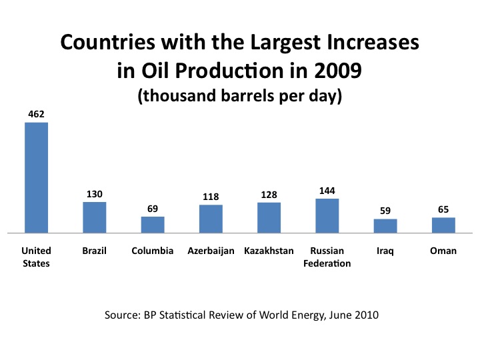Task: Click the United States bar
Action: (x=37, y=177)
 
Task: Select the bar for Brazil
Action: (x=95, y=217)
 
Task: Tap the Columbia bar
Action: (x=153, y=225)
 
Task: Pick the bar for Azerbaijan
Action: (x=211, y=219)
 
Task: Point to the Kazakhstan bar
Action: (x=269, y=217)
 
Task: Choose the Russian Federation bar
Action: (x=327, y=216)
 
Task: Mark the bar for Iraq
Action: (x=385, y=226)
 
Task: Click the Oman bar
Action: (x=443, y=225)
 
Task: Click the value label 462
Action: (x=37, y=114)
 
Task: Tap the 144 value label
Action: (x=327, y=191)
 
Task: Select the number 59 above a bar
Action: (x=385, y=211)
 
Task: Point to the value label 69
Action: (x=153, y=209)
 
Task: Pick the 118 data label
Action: (x=211, y=197)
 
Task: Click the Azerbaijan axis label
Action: (x=211, y=251)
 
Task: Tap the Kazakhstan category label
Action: (x=269, y=251)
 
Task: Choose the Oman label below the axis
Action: (x=443, y=251)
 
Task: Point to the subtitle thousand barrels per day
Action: (x=240, y=96)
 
